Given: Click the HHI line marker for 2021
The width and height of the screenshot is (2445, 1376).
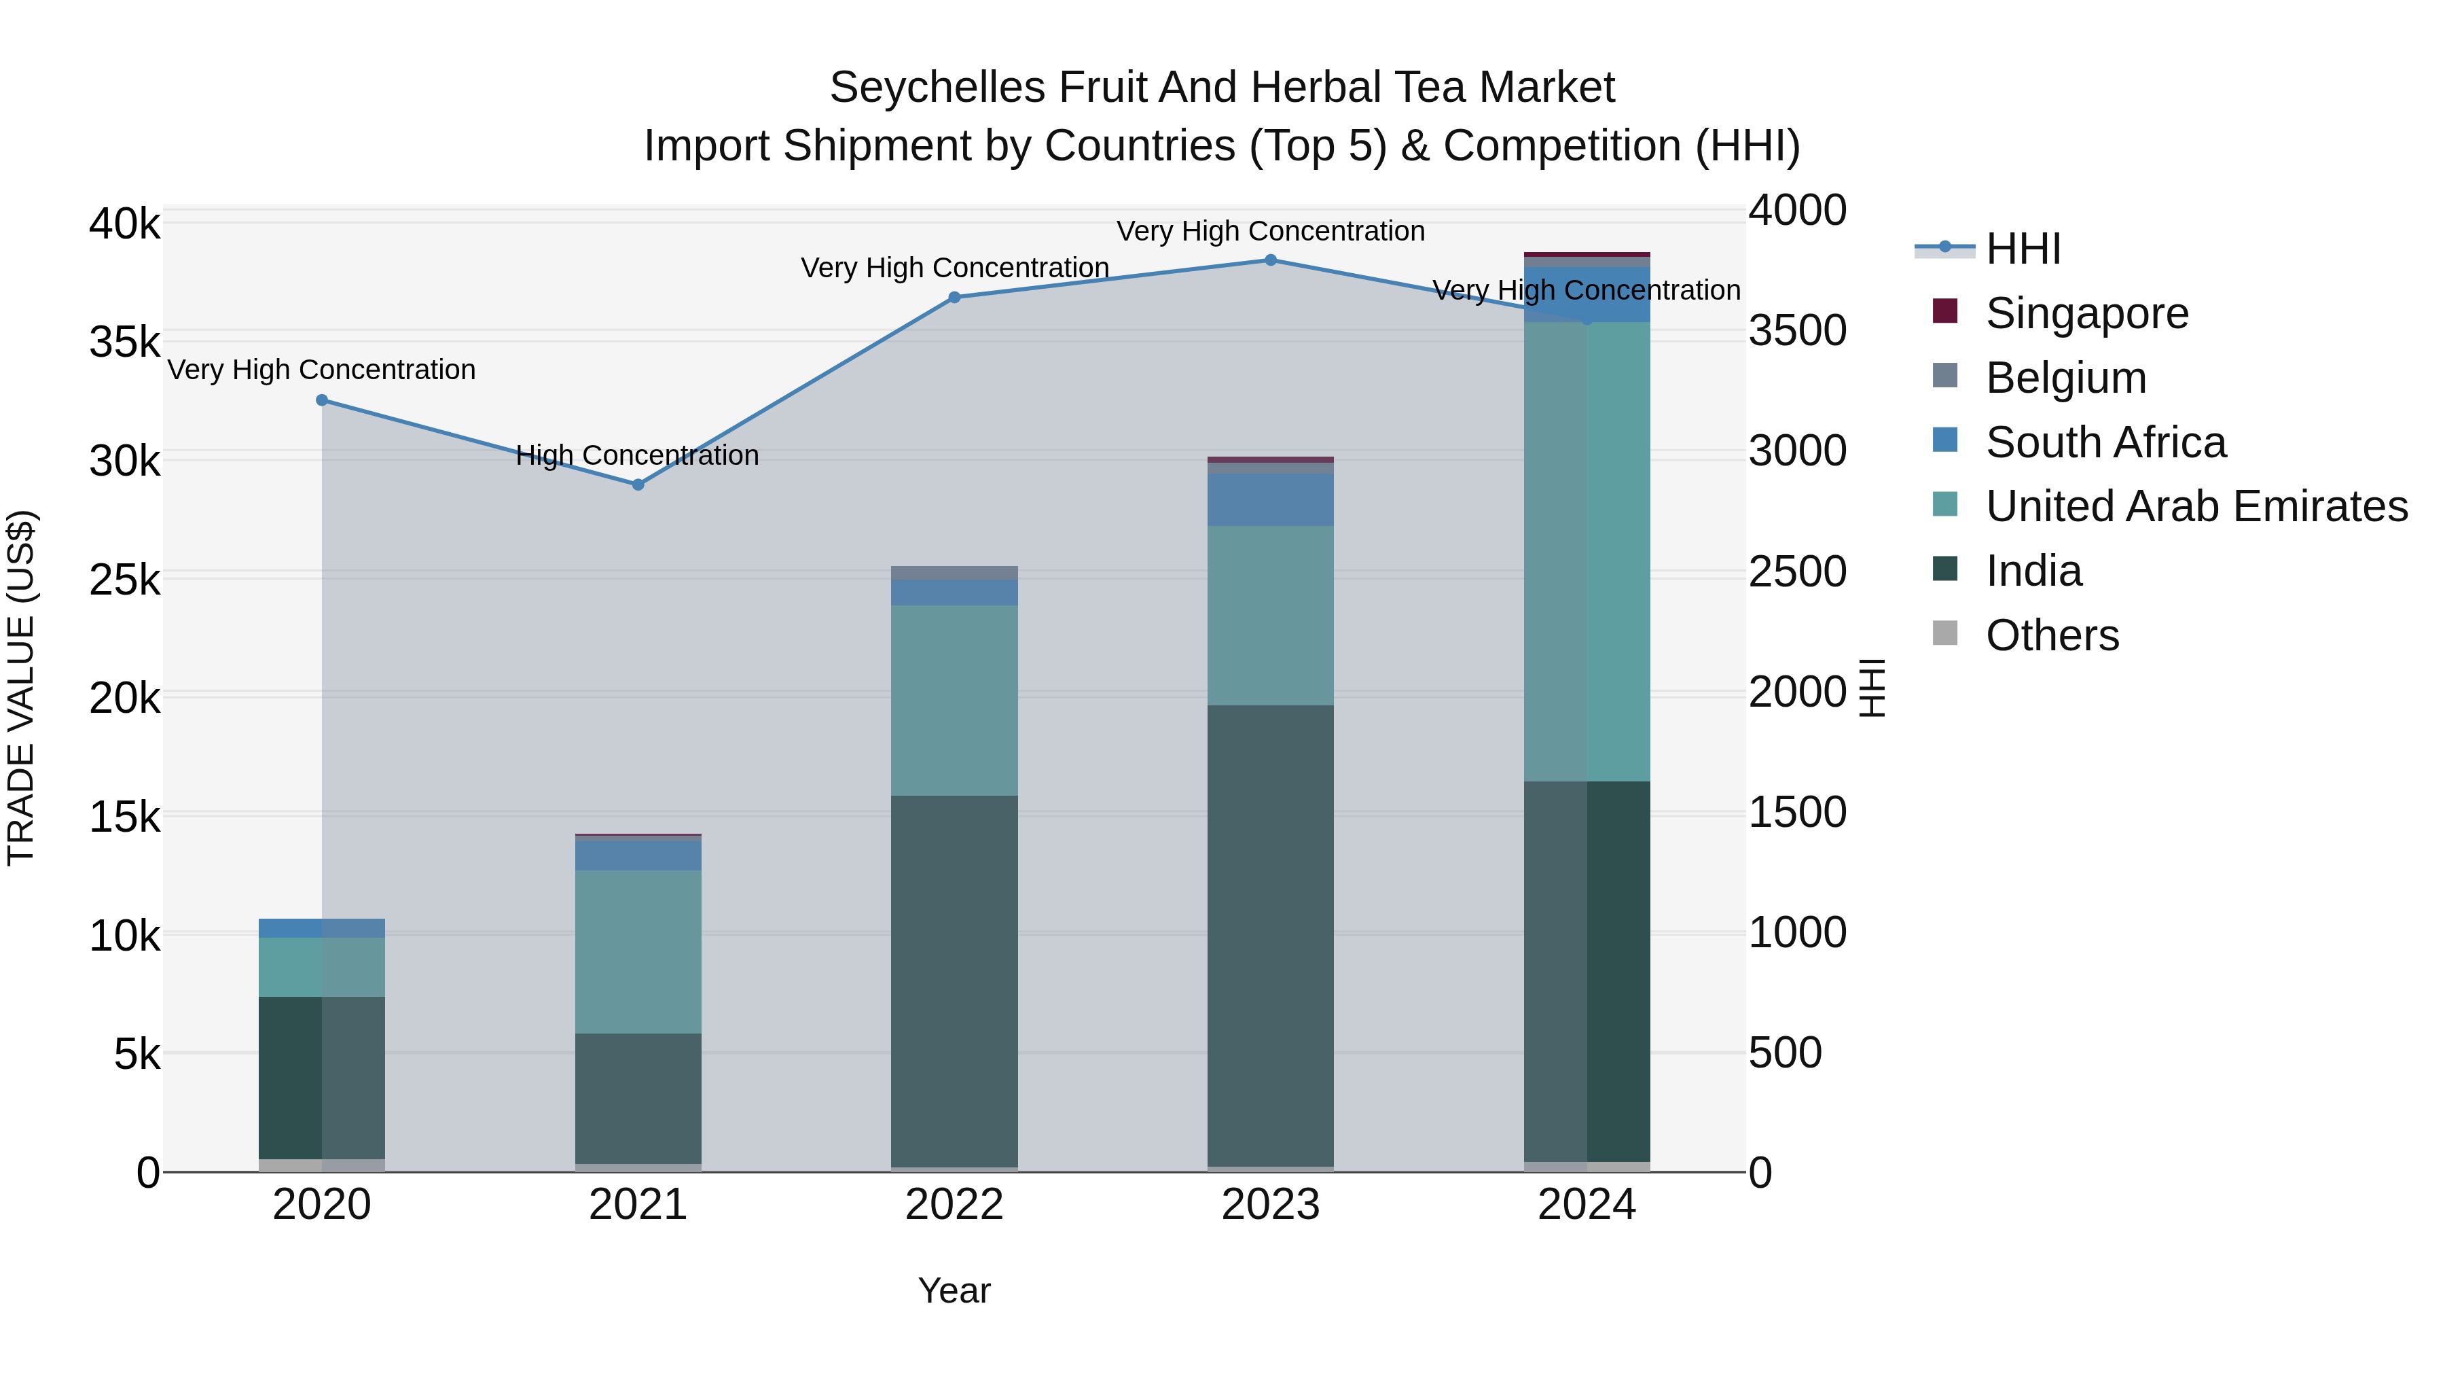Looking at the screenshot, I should pos(638,484).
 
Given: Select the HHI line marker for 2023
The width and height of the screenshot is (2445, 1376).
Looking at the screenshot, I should pos(1270,260).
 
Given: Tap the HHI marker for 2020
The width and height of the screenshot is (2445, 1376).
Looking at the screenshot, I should pos(322,400).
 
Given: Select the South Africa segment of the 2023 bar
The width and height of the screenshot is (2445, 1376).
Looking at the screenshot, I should pos(1270,499).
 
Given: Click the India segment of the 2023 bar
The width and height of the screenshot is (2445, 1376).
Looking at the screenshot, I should pos(1270,936).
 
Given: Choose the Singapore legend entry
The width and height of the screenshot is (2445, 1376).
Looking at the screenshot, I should pos(2086,313).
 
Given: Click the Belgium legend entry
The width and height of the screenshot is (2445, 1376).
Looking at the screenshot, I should pos(2065,378).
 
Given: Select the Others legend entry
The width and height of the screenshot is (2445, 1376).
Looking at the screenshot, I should pos(2051,635).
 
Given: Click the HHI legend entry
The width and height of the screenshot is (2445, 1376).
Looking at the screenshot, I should pos(2023,249).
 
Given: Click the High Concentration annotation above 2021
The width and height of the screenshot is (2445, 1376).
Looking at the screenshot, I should pos(637,456).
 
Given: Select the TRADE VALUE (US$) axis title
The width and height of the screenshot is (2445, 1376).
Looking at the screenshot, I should pos(21,688).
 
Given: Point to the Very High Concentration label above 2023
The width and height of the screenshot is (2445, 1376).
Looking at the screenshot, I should pos(1270,232).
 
